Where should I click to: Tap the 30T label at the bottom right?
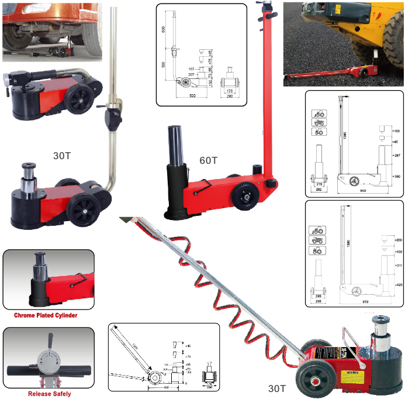[x=276, y=388]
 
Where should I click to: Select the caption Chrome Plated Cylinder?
[x=46, y=315]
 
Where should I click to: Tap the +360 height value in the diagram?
[x=395, y=176]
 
